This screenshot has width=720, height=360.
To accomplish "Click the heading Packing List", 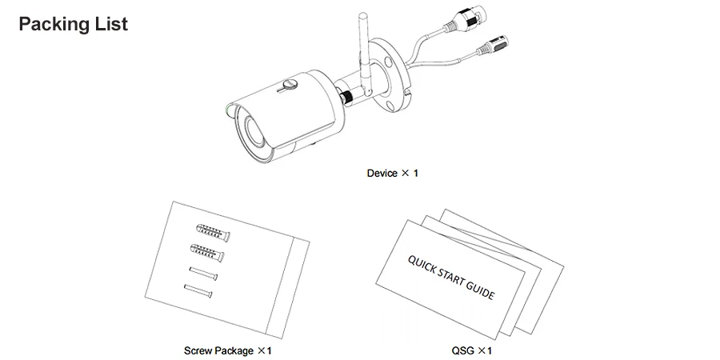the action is pyautogui.click(x=74, y=24).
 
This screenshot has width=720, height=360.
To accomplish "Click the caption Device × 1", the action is pyautogui.click(x=393, y=173).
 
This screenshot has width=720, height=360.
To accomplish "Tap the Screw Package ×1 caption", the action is pyautogui.click(x=228, y=351).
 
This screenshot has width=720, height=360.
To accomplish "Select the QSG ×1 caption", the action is pyautogui.click(x=471, y=351).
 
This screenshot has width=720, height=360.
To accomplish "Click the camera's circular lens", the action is pyautogui.click(x=252, y=129).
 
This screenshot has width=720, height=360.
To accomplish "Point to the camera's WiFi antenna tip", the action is pyautogui.click(x=362, y=16).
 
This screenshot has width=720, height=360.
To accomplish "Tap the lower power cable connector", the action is pyautogui.click(x=492, y=45).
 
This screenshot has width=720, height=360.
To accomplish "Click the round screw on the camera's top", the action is pyautogui.click(x=290, y=84).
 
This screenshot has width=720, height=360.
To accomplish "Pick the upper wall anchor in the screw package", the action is pyautogui.click(x=213, y=233).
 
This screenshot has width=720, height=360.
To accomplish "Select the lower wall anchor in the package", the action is pyautogui.click(x=207, y=253).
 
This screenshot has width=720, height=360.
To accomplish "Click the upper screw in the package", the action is pyautogui.click(x=203, y=274).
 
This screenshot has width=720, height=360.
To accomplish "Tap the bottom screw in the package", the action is pyautogui.click(x=198, y=290).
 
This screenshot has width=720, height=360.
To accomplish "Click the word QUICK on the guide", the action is pyautogui.click(x=422, y=266).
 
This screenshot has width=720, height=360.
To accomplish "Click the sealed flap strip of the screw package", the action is pyautogui.click(x=288, y=287).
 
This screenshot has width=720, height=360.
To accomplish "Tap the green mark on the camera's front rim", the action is pyautogui.click(x=229, y=110).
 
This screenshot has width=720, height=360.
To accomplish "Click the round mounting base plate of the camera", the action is pyautogui.click(x=390, y=76).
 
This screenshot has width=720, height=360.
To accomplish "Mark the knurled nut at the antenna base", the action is pyautogui.click(x=346, y=97).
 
